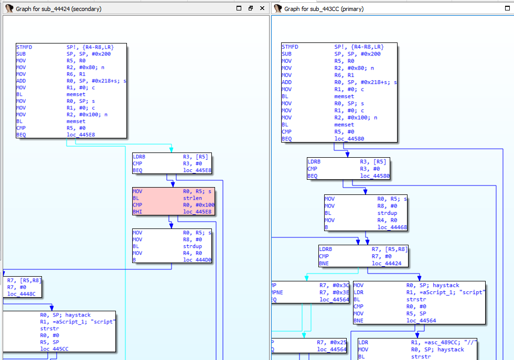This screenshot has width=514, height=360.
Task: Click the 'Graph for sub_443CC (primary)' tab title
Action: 324,9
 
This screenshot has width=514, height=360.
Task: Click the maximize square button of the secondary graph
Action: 239,8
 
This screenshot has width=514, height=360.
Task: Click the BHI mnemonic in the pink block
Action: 137,211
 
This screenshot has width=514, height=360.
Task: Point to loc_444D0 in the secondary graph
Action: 197,259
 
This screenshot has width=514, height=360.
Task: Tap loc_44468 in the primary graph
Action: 392,227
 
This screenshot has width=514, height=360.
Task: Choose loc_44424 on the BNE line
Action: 387,264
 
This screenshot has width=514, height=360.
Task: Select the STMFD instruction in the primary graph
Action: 290,47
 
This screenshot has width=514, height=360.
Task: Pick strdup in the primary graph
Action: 388,213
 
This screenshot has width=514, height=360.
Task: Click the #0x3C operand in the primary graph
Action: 328,285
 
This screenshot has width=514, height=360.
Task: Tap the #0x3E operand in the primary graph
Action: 328,292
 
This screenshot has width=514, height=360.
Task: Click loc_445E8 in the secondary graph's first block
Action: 81,135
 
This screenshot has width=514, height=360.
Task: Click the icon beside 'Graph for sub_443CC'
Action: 278,9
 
